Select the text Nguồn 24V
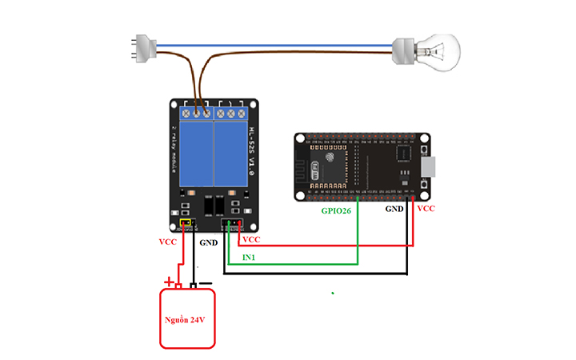[x=187, y=319]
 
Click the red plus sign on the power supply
[x=170, y=282]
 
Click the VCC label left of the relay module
[x=169, y=241]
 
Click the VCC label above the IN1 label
[x=251, y=239]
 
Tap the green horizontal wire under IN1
[x=296, y=263]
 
